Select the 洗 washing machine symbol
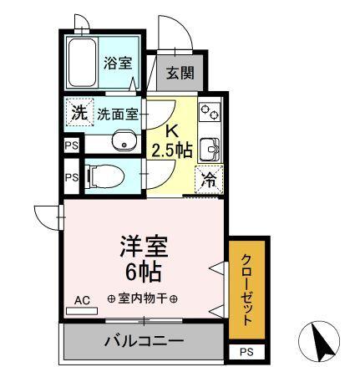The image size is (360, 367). click(x=78, y=114)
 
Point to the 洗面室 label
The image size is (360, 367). click(x=116, y=115)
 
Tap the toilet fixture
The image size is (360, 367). click(x=104, y=177)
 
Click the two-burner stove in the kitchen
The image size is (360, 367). click(x=208, y=111)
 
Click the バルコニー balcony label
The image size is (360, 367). click(x=144, y=341)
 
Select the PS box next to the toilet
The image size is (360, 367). click(x=71, y=177)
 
